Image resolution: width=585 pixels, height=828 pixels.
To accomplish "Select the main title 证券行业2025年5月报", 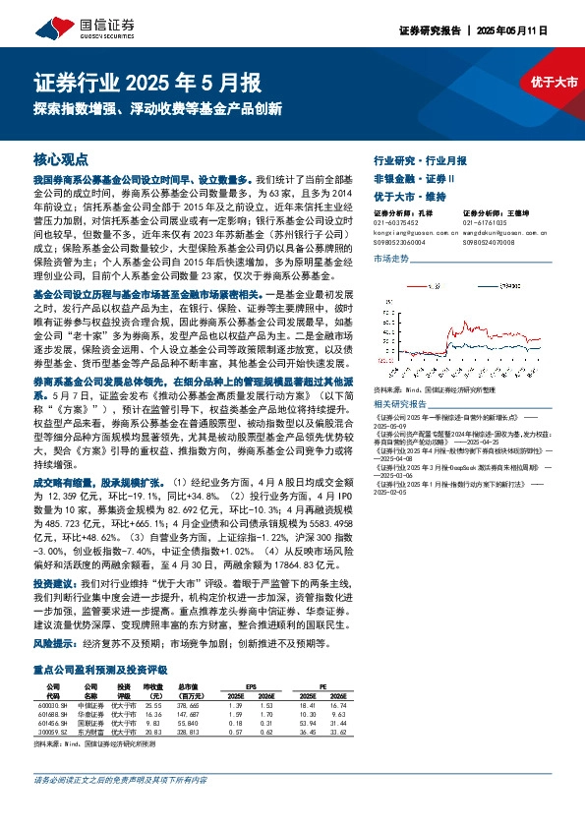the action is (147, 82).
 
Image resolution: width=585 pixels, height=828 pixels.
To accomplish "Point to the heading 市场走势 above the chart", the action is (392, 258).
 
